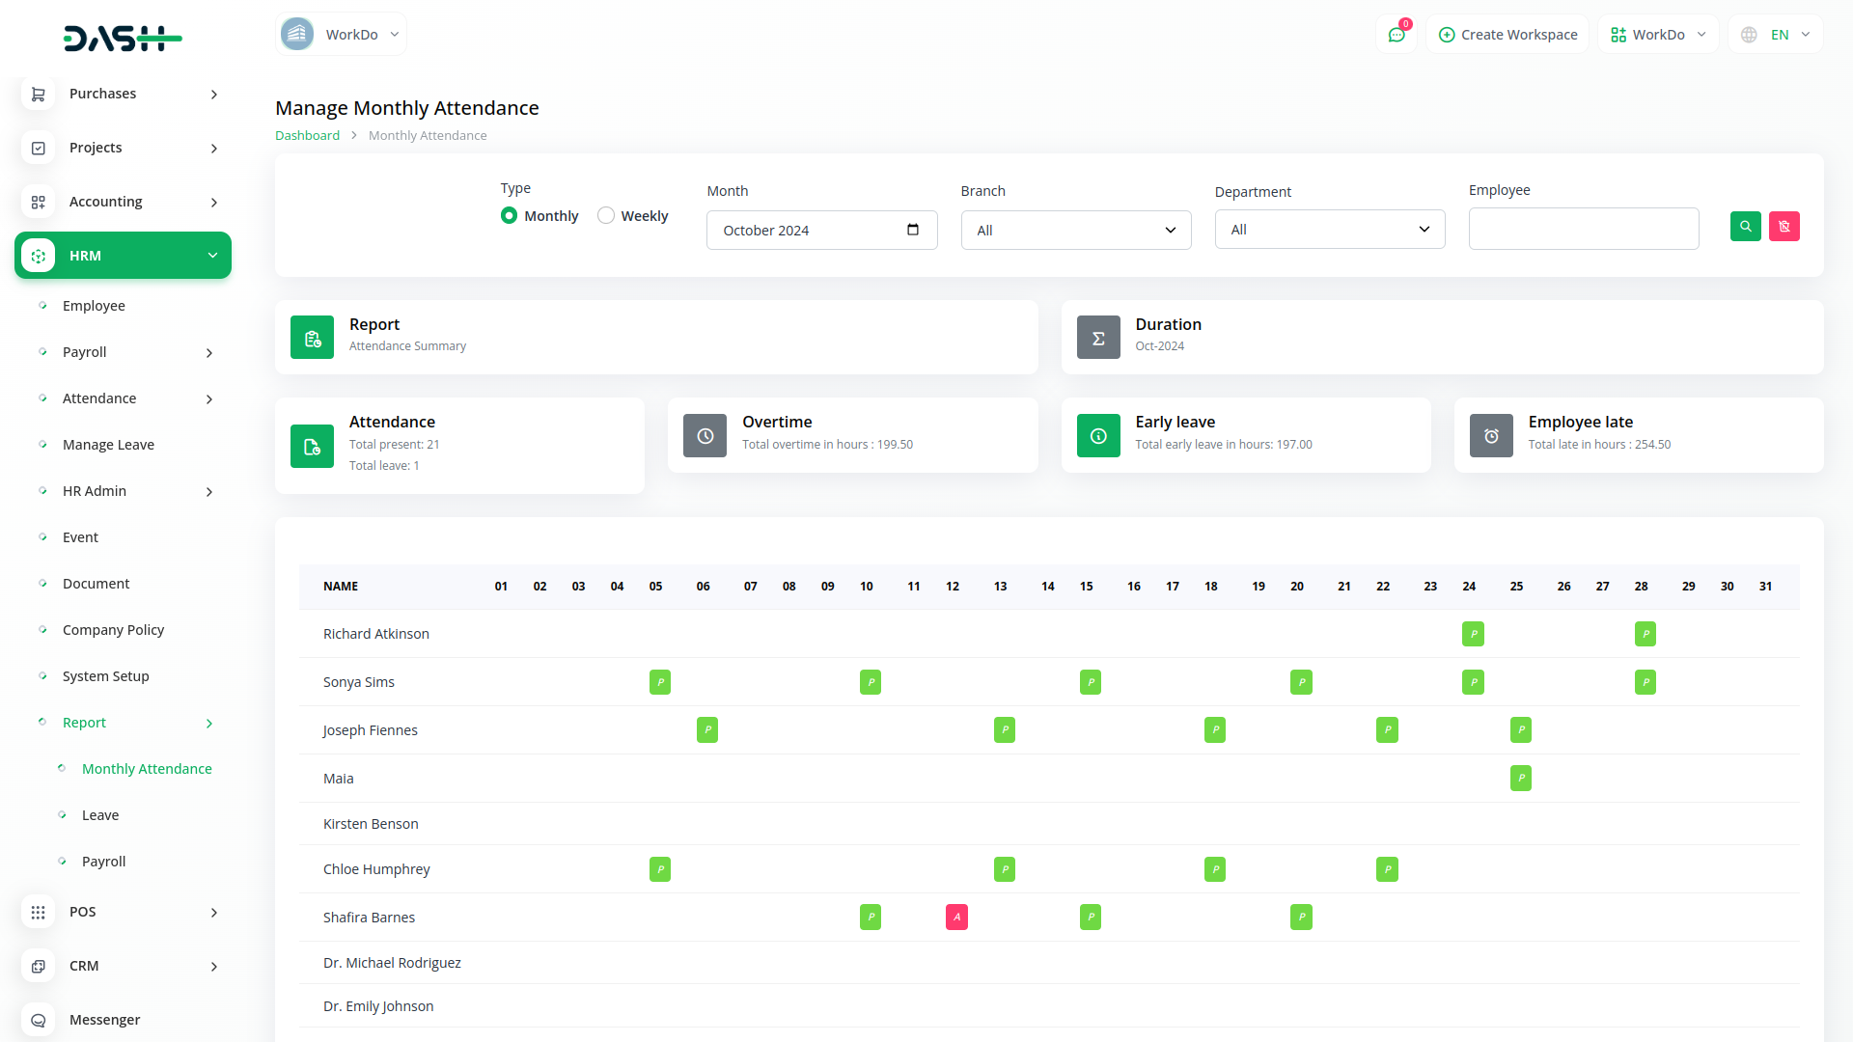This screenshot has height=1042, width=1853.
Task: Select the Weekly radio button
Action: [606, 216]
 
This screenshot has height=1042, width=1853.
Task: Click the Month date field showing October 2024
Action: [821, 231]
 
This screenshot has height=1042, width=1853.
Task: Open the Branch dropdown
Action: [1075, 231]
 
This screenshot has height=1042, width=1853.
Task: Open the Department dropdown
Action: [1329, 230]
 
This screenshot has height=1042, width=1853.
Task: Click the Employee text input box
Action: [1583, 229]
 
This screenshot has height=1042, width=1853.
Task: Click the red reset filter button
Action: [1784, 227]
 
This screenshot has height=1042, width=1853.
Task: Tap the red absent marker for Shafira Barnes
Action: [956, 918]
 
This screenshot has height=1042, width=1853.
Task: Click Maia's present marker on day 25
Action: [1520, 779]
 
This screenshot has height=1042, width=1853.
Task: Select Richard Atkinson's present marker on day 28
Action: [1645, 634]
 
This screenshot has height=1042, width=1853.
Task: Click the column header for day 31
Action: [1765, 587]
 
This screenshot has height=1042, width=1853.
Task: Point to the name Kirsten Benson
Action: [371, 824]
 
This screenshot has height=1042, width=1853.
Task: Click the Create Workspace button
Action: [1507, 35]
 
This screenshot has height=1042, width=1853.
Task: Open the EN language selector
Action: [1776, 35]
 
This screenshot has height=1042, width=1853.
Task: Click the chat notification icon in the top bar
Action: [1397, 35]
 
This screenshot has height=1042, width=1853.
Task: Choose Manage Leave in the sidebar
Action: [108, 445]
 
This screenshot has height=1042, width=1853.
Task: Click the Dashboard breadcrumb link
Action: [307, 136]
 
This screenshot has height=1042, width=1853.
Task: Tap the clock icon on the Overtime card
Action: [705, 436]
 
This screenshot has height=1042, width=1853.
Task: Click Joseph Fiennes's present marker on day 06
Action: [707, 730]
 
